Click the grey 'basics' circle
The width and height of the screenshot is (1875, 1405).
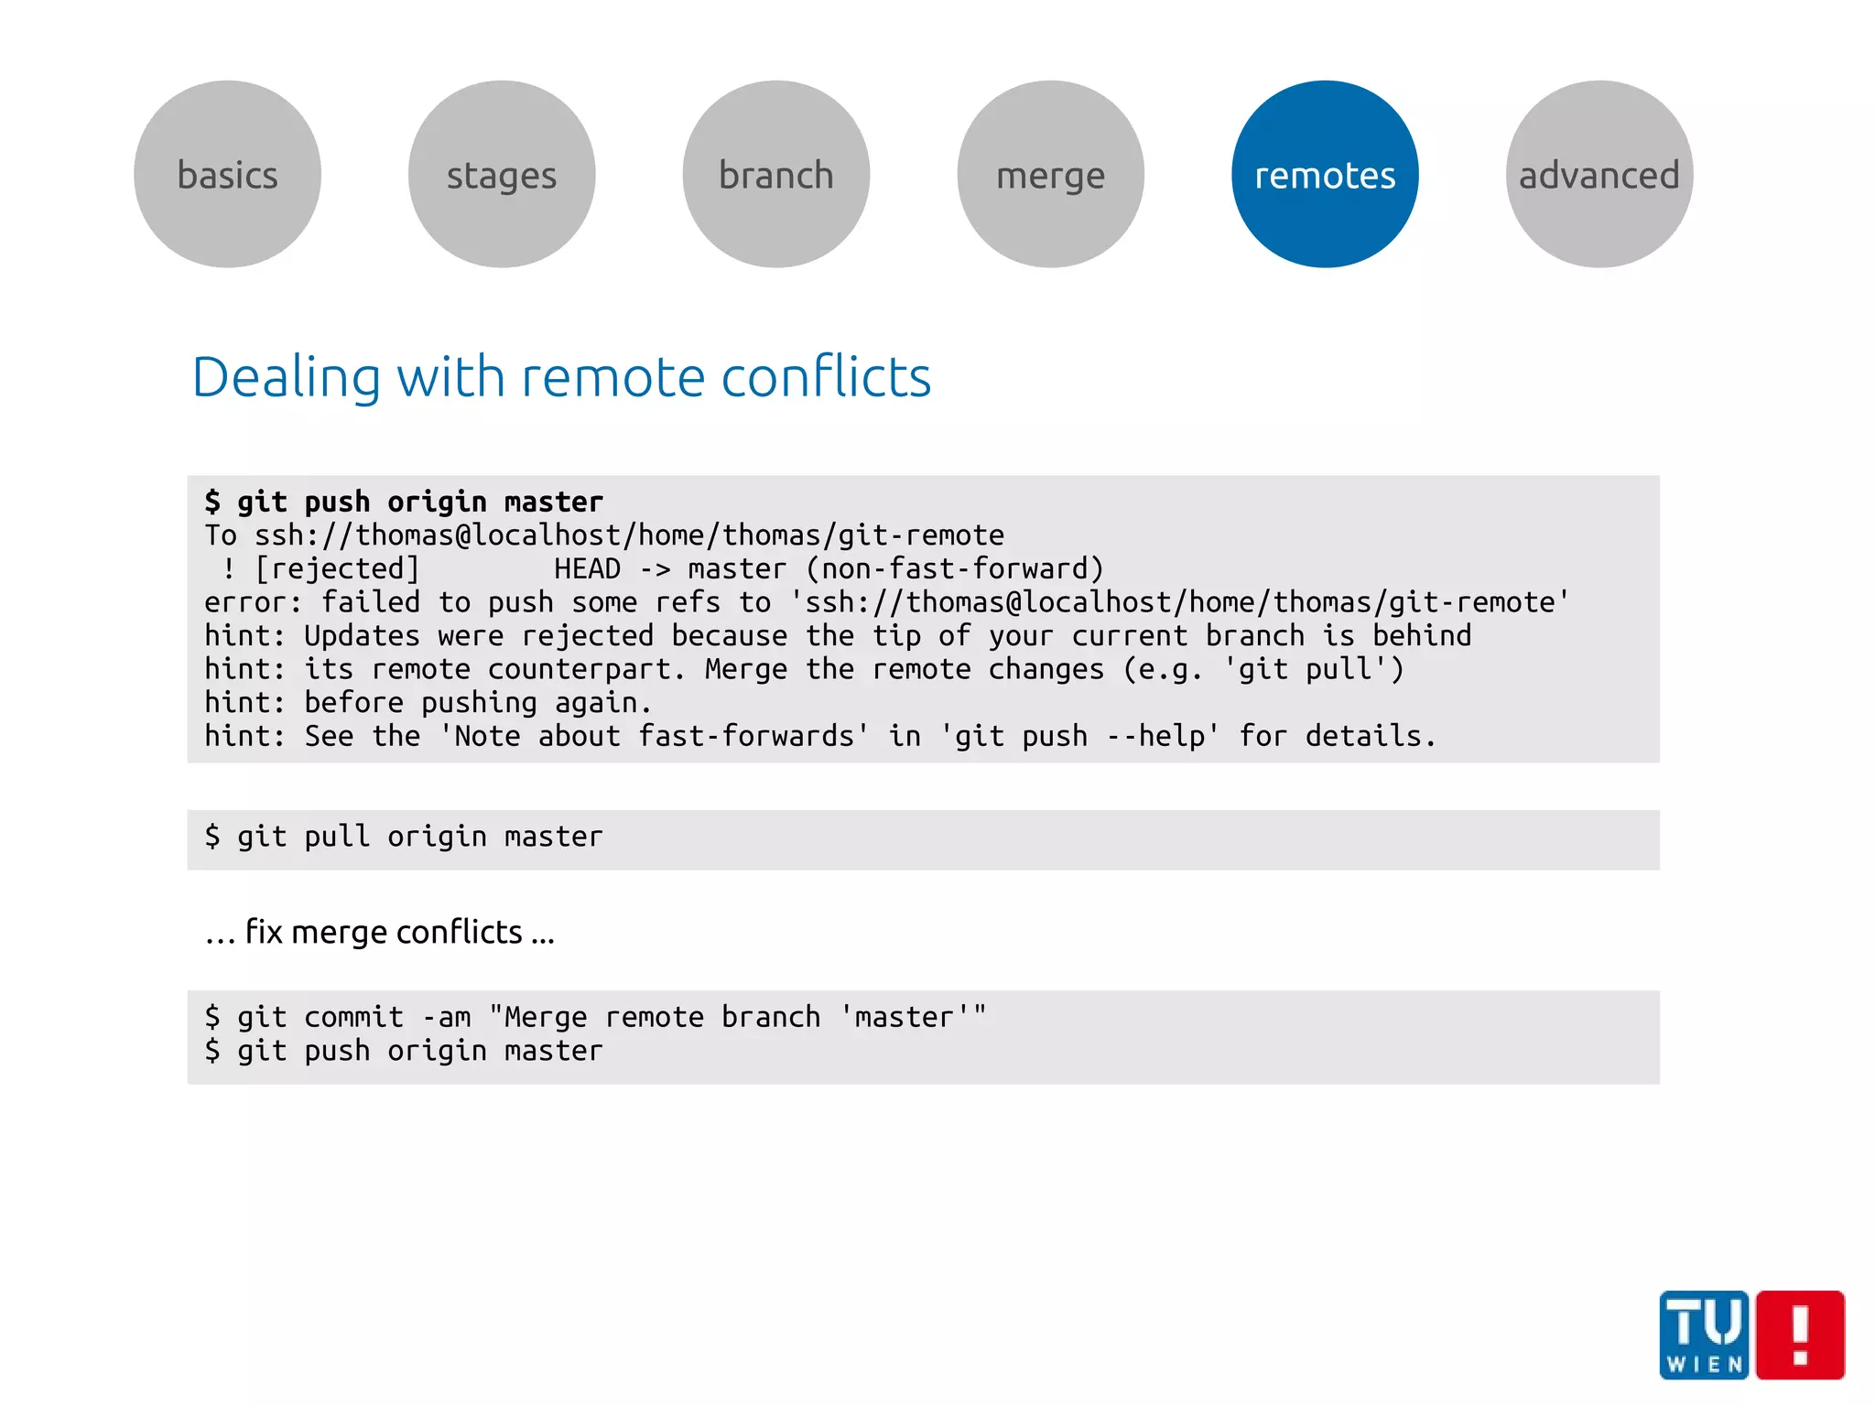pos(227,174)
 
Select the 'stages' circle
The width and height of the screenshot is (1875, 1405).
pos(502,174)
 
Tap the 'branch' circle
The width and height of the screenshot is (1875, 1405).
pos(776,174)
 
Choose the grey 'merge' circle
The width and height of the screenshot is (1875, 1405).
pos(1050,174)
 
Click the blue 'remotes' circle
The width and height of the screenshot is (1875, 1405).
pos(1325,174)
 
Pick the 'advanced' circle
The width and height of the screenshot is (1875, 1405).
pos(1599,174)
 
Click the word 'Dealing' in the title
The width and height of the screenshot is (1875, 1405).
pos(286,377)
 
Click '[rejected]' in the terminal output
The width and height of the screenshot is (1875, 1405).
pos(337,569)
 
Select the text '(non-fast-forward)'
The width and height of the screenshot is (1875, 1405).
pos(954,569)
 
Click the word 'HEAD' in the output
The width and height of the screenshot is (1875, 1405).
pos(587,569)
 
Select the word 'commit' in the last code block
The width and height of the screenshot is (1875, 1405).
pos(353,1017)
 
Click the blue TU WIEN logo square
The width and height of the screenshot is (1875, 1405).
pos(1704,1335)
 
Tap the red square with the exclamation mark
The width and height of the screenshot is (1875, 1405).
pos(1800,1335)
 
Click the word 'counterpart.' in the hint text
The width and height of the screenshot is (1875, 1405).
pos(586,669)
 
